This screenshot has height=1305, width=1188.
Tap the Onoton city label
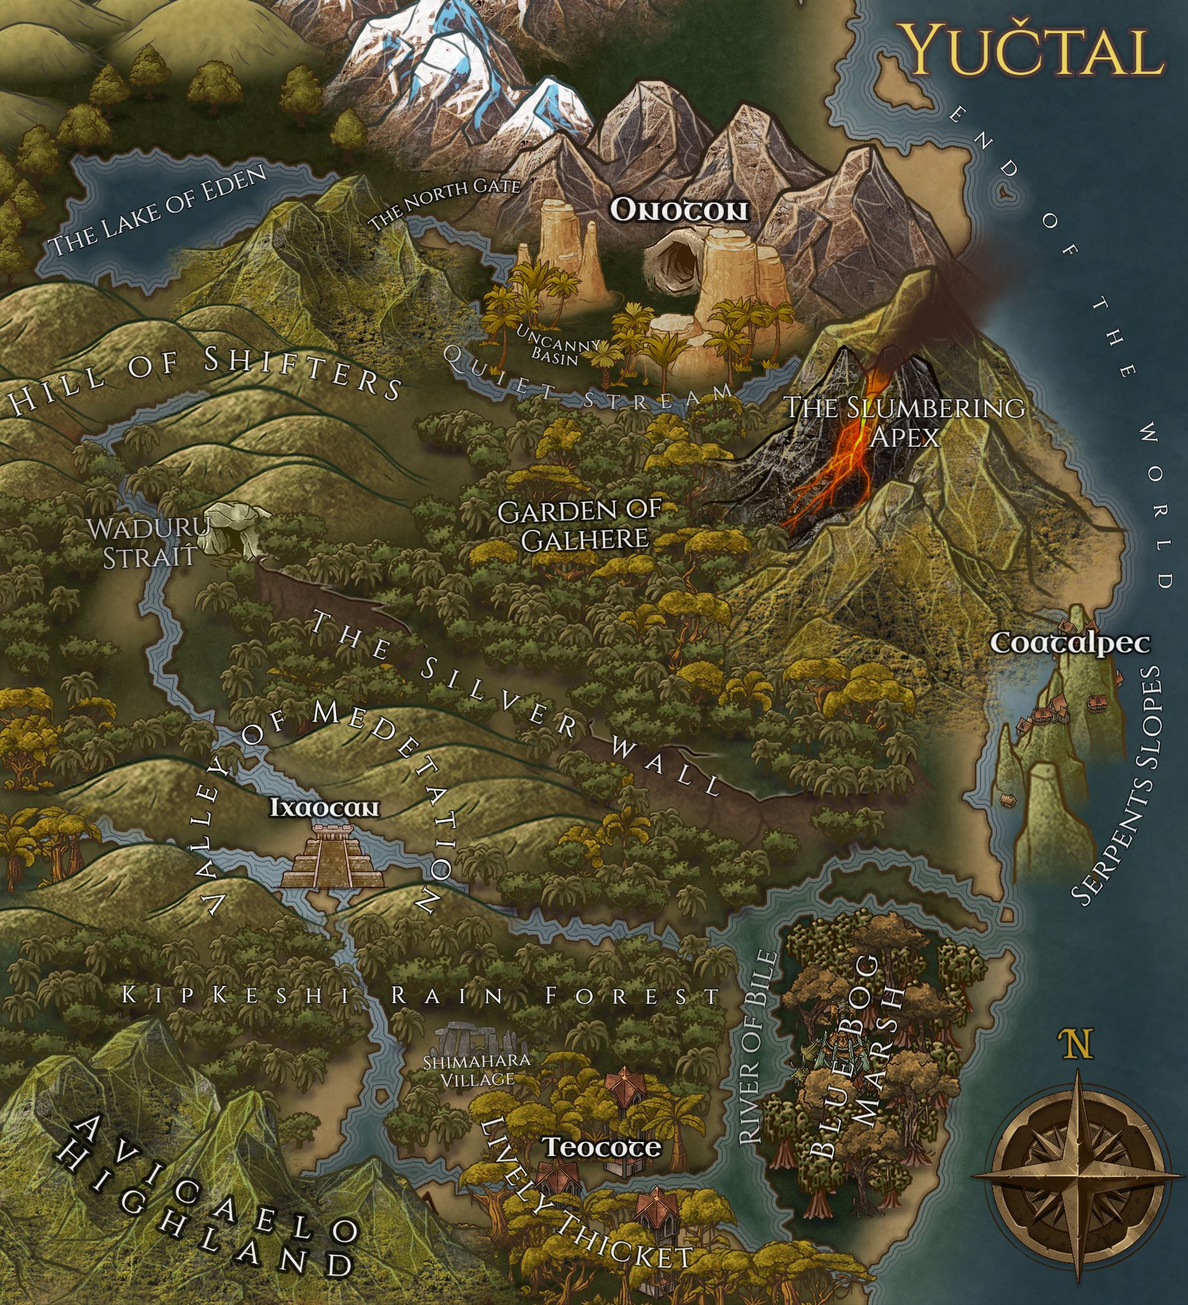click(679, 211)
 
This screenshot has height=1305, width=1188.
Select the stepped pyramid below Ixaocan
click(332, 857)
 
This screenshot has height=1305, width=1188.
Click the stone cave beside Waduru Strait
click(234, 529)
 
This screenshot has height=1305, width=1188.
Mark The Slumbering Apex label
click(905, 422)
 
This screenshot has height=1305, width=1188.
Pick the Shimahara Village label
click(477, 1070)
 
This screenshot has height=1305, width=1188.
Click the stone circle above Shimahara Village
click(479, 1043)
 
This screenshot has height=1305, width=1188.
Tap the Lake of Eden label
click(159, 211)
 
